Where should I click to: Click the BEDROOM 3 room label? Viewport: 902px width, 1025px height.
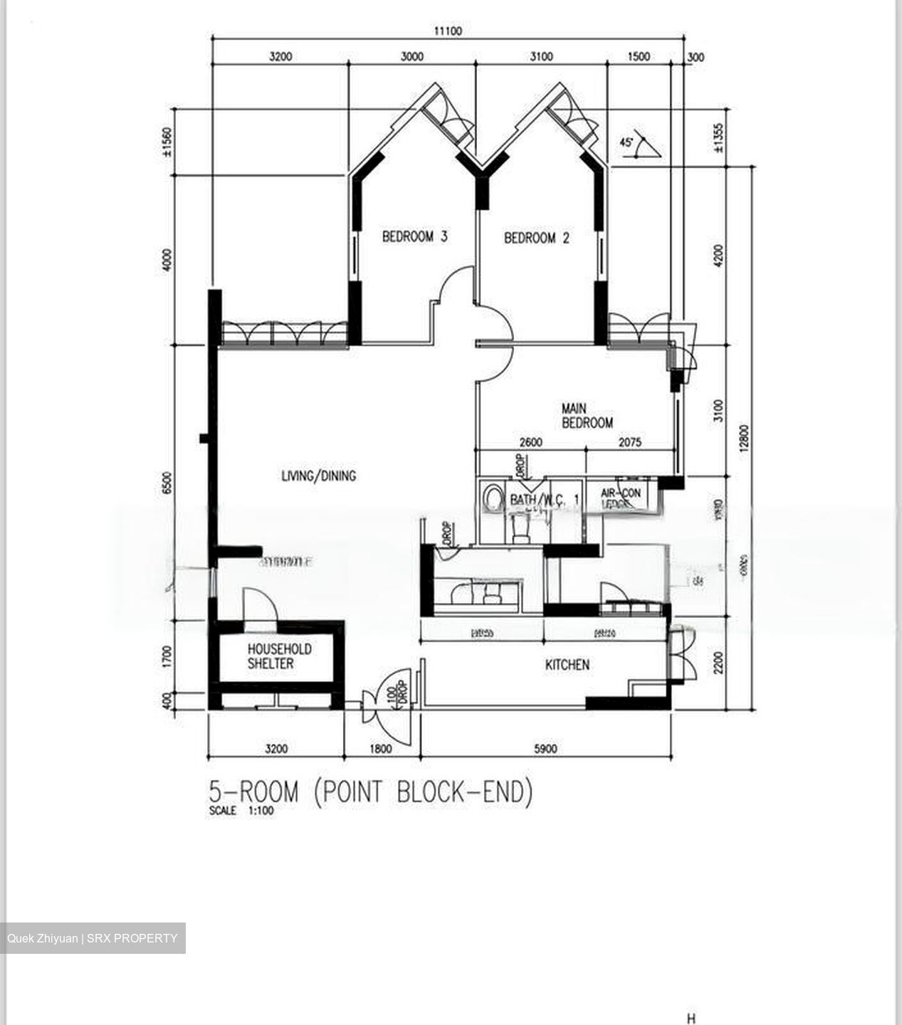pyautogui.click(x=414, y=236)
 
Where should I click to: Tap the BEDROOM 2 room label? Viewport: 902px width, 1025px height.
pyautogui.click(x=536, y=238)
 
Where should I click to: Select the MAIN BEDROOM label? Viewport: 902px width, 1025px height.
pyautogui.click(x=587, y=416)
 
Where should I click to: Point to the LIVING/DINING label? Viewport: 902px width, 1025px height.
pyautogui.click(x=318, y=475)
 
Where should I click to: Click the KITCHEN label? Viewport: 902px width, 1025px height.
pyautogui.click(x=567, y=665)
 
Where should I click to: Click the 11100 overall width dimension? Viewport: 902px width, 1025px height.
pyautogui.click(x=448, y=31)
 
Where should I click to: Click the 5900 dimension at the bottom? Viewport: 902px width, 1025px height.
pyautogui.click(x=545, y=748)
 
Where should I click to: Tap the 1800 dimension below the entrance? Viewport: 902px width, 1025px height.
pyautogui.click(x=382, y=748)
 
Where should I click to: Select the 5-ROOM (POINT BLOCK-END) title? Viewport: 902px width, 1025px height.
pyautogui.click(x=370, y=792)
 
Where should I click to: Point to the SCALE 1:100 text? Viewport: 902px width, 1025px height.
pyautogui.click(x=241, y=810)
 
